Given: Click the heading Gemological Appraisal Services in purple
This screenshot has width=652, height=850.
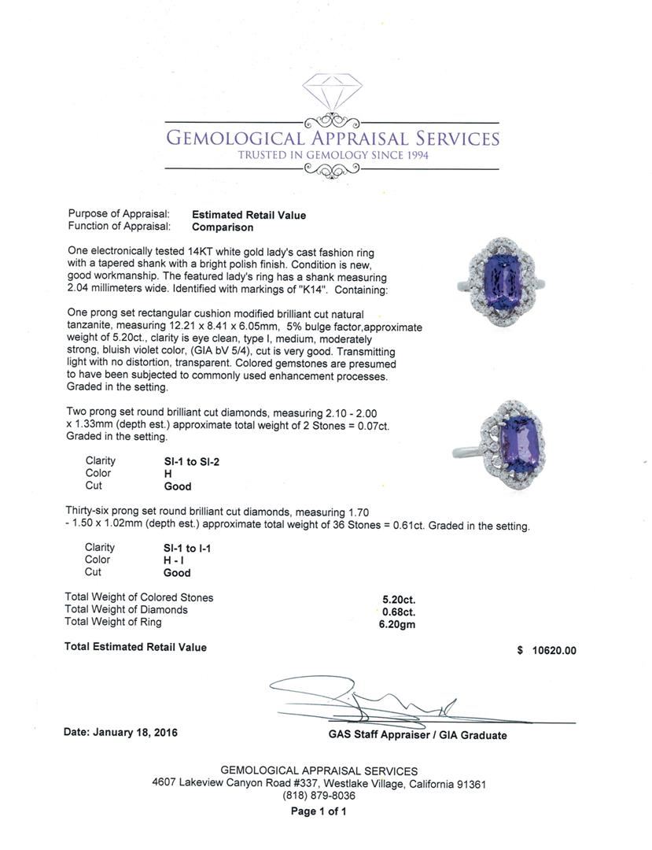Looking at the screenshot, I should click(x=332, y=139).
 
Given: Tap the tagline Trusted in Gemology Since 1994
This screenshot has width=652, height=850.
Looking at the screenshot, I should click(x=333, y=156).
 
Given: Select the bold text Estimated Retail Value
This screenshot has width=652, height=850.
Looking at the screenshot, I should click(x=249, y=215).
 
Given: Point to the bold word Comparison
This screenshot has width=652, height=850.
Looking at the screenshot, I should click(x=223, y=227).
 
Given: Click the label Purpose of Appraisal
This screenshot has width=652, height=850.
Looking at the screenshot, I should click(x=119, y=214).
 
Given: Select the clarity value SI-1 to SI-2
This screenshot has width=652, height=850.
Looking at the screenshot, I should click(x=186, y=462).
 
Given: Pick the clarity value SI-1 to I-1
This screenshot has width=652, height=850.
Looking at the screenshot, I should click(x=183, y=549).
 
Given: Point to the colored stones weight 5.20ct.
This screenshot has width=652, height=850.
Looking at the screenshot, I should click(x=399, y=598).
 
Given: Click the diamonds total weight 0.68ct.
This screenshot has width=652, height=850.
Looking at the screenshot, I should click(x=399, y=611).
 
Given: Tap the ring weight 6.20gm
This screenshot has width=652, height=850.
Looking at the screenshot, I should click(x=397, y=624).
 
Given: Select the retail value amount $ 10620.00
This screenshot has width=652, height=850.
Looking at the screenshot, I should click(x=547, y=651).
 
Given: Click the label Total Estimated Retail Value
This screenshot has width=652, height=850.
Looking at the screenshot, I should click(x=135, y=647).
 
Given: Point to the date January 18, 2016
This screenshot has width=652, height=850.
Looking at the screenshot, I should click(x=120, y=733).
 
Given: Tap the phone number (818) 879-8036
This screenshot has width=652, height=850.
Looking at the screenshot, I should click(x=319, y=796).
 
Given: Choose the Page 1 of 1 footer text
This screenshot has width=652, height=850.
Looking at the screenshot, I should click(x=319, y=811).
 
